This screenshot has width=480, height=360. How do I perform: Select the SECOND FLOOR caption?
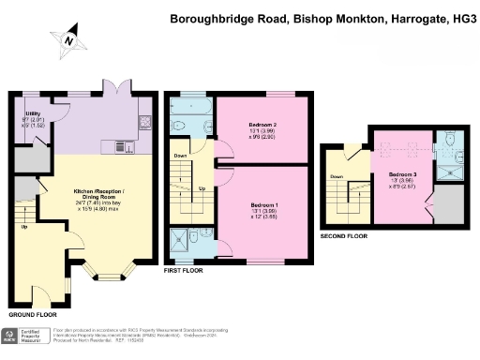click(345, 235)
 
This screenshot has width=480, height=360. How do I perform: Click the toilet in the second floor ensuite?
click(449, 141)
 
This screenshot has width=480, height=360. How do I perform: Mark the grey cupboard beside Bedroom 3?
click(450, 204)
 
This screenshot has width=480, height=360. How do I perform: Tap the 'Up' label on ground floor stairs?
click(23, 227)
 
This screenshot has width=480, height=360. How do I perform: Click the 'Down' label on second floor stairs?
click(337, 176)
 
